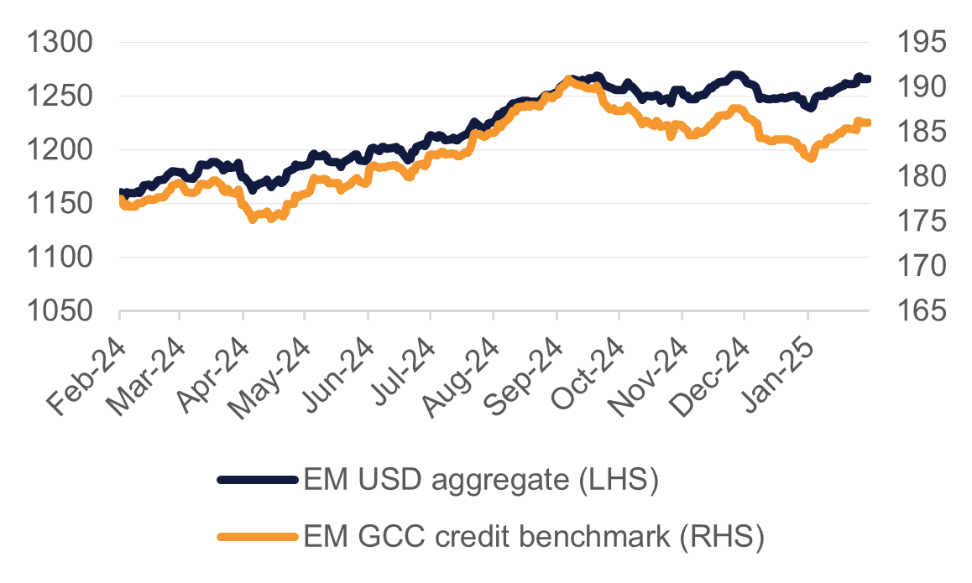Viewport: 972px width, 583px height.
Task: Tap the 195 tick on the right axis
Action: [x=921, y=43]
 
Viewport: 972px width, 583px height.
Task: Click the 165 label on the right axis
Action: [x=921, y=312]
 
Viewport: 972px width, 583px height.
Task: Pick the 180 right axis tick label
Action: [x=921, y=177]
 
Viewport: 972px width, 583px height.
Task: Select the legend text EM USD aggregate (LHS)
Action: [x=481, y=481]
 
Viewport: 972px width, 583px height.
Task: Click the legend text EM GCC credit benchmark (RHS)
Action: [x=534, y=536]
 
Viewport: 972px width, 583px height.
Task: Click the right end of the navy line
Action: [x=868, y=79]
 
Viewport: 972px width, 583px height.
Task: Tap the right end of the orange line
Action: [x=868, y=122]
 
